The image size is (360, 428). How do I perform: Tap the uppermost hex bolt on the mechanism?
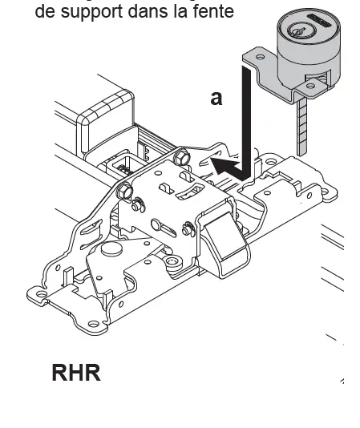pos(181,156)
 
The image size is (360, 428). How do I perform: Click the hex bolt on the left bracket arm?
pos(124,192)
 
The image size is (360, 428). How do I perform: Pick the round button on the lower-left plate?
pos(111,251)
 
